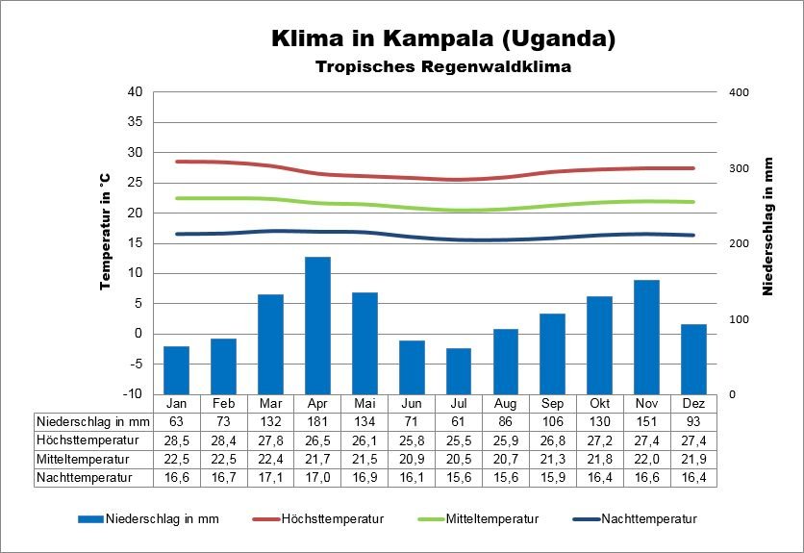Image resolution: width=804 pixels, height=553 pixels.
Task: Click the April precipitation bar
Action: [x=317, y=325]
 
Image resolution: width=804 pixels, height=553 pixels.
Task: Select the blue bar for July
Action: [x=459, y=370]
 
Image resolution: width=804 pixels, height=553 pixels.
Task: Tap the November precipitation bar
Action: [x=646, y=337]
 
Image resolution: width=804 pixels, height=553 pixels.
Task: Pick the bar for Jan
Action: [x=176, y=369]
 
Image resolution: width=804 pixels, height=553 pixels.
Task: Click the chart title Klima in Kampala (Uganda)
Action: [x=442, y=39]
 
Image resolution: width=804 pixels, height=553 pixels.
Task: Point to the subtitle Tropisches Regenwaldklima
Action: [x=443, y=67]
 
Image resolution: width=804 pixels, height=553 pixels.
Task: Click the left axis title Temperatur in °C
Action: [x=106, y=232]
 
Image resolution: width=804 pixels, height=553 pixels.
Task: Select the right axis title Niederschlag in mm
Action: [x=768, y=227]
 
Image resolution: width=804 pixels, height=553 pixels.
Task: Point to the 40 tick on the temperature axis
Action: [x=135, y=92]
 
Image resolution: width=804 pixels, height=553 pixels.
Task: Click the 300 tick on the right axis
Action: [x=738, y=168]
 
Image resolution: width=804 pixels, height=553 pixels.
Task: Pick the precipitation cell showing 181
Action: [x=317, y=421]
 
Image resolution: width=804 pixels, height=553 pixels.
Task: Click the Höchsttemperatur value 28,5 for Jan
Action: [x=176, y=440]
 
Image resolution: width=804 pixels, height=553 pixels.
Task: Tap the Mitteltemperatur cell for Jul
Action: [x=459, y=458]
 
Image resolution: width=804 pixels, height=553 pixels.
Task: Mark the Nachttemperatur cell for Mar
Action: [x=270, y=476]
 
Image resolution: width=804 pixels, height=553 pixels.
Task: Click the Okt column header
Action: [x=599, y=403]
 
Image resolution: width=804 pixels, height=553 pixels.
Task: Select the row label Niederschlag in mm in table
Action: [x=93, y=421]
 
